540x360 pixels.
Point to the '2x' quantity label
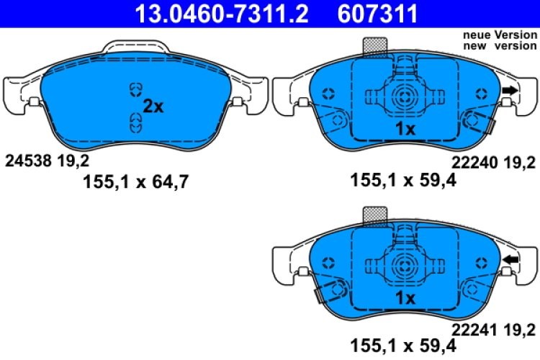[x=153, y=107]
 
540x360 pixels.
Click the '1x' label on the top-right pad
[x=405, y=129]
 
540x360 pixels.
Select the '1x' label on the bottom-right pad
[x=405, y=297]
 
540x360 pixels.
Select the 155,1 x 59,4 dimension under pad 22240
[x=402, y=181]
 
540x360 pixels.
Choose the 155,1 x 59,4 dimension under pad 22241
[x=402, y=348]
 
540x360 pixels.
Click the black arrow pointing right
[x=509, y=91]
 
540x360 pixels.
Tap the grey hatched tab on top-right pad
[x=374, y=46]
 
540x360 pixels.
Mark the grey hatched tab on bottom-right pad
[x=374, y=214]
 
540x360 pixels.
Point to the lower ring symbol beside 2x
[x=134, y=122]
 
